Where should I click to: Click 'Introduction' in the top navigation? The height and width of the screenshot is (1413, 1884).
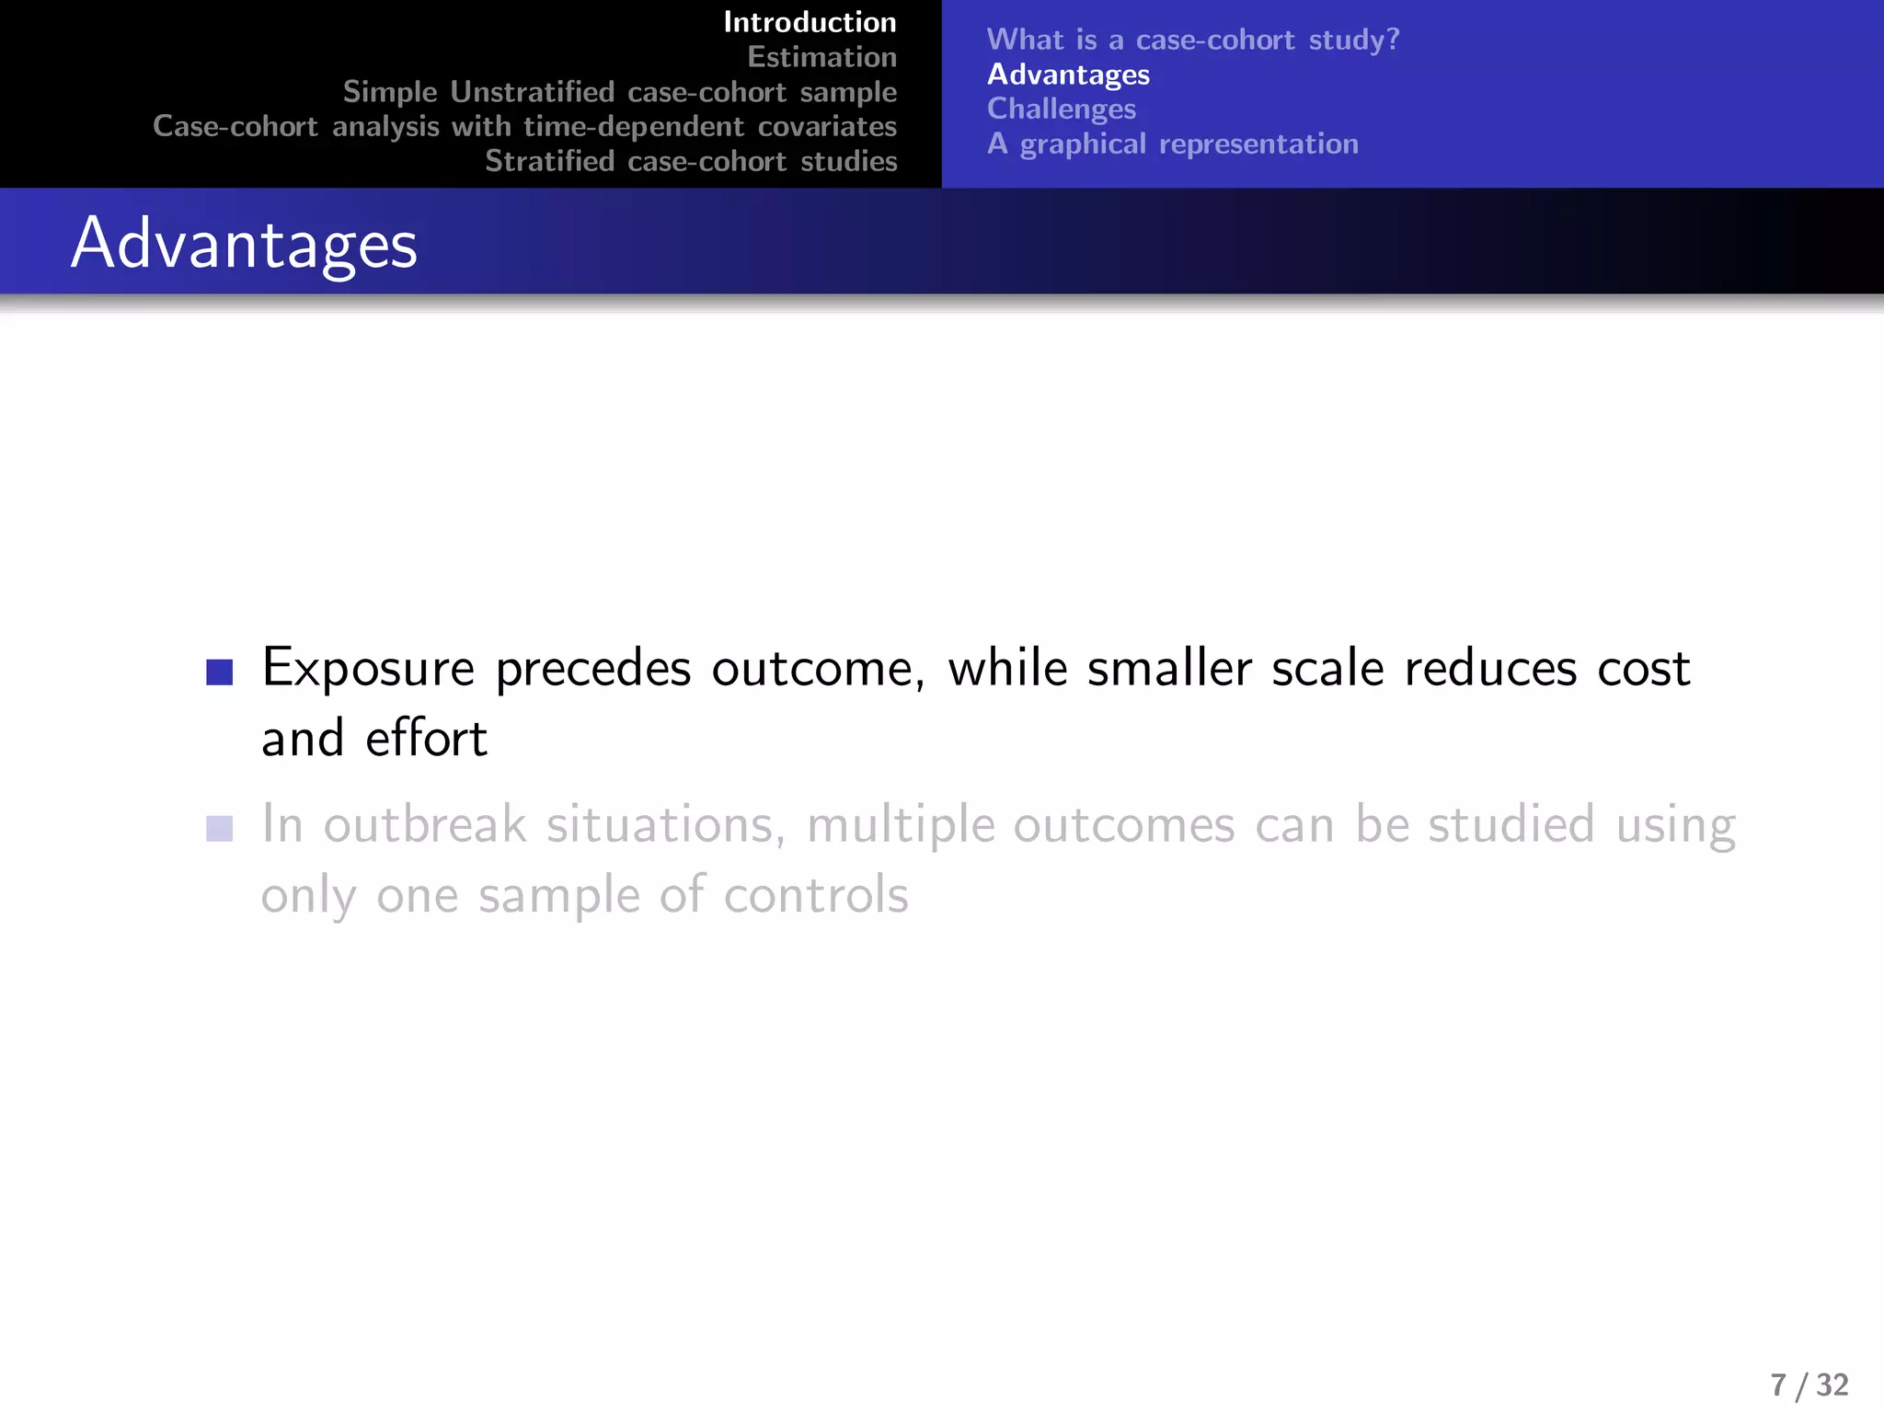tap(810, 22)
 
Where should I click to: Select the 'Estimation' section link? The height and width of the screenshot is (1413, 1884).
tap(821, 57)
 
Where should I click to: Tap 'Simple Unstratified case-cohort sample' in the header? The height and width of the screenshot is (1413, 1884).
tap(619, 92)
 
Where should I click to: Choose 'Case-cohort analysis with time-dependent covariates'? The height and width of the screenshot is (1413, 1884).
tap(524, 126)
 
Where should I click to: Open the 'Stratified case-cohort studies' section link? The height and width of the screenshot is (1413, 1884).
tap(691, 161)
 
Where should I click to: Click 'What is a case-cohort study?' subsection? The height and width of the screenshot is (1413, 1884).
tap(1192, 40)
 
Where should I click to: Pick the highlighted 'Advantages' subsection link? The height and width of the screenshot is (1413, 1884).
tap(1068, 75)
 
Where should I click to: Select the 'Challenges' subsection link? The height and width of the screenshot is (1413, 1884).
tap(1062, 109)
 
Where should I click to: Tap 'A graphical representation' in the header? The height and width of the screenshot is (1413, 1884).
tap(1172, 144)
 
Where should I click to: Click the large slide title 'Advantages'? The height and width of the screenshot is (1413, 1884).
tap(244, 244)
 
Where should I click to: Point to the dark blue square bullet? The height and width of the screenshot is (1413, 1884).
tap(220, 672)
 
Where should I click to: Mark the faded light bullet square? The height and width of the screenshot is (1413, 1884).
tap(220, 829)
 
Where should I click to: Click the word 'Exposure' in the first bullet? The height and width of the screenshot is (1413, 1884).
tap(368, 668)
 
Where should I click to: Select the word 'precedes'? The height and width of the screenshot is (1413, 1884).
tap(592, 670)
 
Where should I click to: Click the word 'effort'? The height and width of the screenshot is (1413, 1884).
tap(426, 739)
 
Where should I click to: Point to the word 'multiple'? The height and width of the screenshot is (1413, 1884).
tap(901, 826)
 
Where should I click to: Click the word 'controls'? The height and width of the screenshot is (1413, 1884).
tap(815, 895)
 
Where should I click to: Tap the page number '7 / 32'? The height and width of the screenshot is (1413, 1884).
tap(1809, 1384)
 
